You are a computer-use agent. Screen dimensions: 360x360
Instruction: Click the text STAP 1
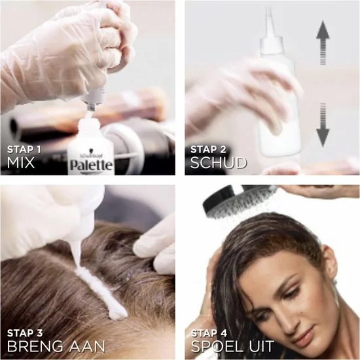tap(24, 150)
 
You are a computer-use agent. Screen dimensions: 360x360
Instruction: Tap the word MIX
tap(21, 163)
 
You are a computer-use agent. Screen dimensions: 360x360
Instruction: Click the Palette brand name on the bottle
tap(92, 165)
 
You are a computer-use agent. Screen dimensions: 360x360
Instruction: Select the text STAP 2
tap(208, 150)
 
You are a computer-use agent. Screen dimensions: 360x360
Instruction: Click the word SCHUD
tap(219, 163)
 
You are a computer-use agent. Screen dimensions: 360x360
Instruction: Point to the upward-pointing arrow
tap(323, 43)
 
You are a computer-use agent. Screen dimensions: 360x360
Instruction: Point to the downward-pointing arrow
tap(323, 124)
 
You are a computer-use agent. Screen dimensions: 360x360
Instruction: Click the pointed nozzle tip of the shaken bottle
tap(269, 9)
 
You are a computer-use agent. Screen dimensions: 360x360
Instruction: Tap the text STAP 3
tap(25, 333)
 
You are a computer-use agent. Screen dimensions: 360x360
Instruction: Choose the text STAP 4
tap(209, 333)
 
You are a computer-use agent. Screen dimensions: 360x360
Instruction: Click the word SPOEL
tap(217, 346)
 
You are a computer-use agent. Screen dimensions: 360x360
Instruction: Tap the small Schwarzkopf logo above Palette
tap(92, 155)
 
